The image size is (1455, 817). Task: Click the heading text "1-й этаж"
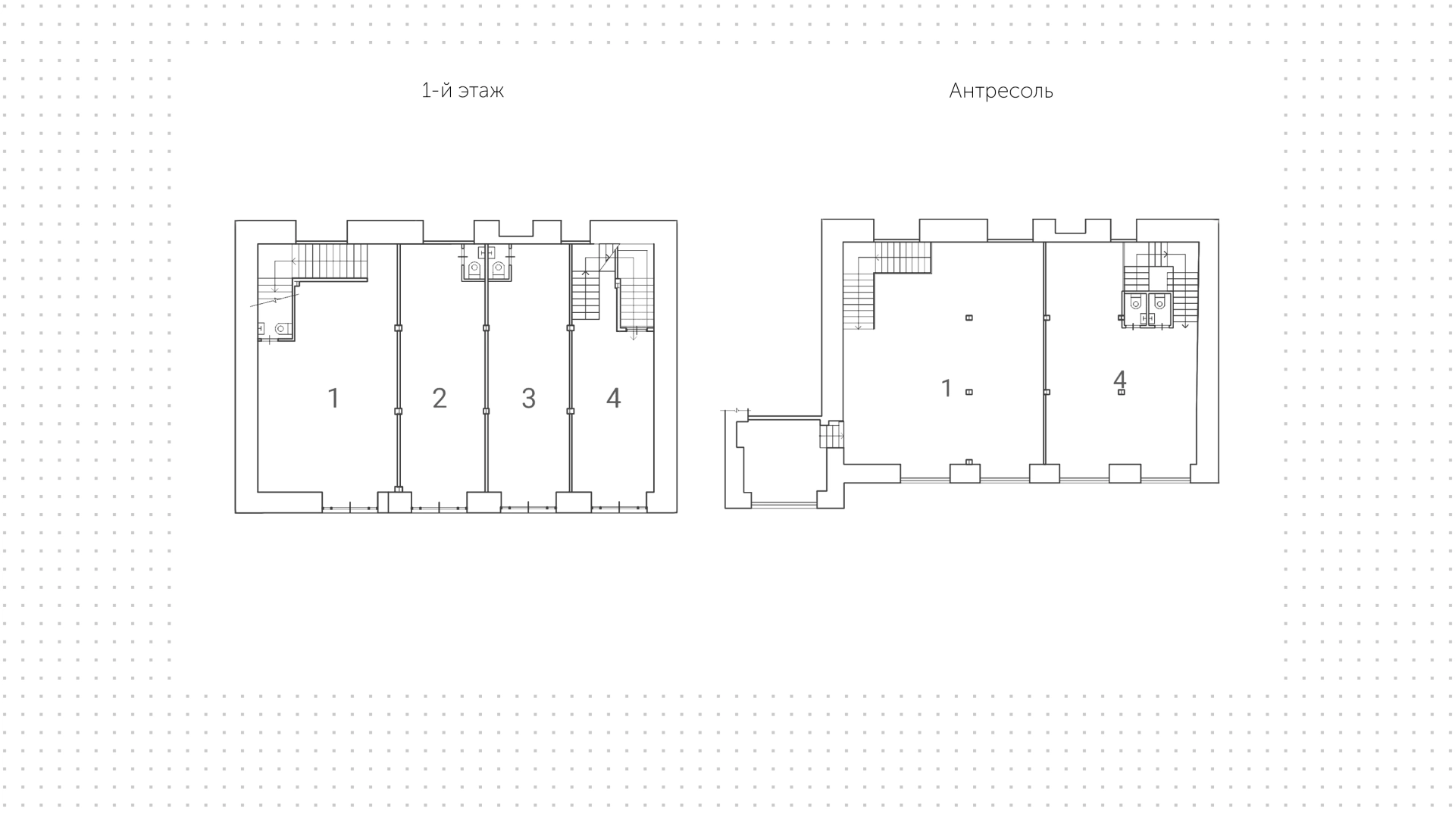(462, 91)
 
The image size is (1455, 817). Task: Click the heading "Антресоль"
(1001, 91)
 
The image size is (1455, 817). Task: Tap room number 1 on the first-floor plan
(333, 398)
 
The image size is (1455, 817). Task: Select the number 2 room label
(440, 398)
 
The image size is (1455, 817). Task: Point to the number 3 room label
(529, 398)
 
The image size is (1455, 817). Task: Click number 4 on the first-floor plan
(614, 398)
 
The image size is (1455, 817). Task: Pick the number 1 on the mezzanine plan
(946, 388)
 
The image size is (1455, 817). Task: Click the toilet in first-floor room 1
(282, 329)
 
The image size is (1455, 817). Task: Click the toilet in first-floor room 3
(498, 269)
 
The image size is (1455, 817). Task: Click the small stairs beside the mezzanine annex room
(832, 435)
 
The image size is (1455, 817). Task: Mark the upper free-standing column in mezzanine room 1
(968, 318)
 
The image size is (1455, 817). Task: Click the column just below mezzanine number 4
(1122, 392)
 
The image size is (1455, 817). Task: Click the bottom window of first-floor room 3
(528, 508)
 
